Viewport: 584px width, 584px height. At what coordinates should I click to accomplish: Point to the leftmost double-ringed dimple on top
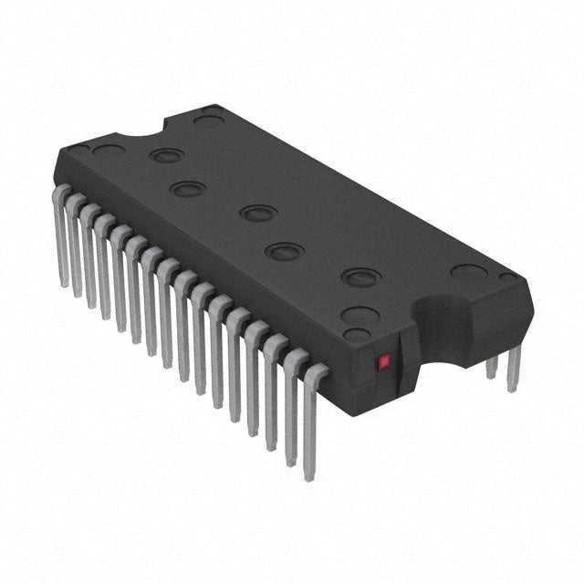tap(164, 155)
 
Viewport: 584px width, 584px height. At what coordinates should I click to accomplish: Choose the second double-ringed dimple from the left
tap(186, 189)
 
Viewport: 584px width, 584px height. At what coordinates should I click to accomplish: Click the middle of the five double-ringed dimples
tap(257, 214)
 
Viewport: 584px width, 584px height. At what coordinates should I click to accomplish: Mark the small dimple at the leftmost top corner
tap(80, 147)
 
